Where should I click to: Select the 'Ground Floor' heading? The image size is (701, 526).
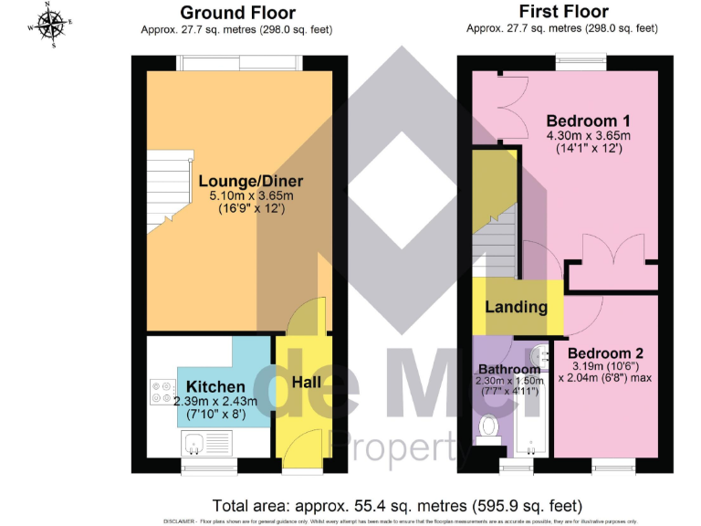click(237, 13)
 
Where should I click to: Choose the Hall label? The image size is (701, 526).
click(305, 382)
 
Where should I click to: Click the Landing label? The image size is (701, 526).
click(516, 308)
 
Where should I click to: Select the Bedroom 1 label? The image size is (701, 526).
click(588, 121)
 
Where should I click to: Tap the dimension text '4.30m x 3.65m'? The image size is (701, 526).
click(588, 135)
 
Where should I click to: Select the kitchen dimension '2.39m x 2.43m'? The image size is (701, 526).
click(215, 401)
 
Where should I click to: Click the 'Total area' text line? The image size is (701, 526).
click(396, 505)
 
